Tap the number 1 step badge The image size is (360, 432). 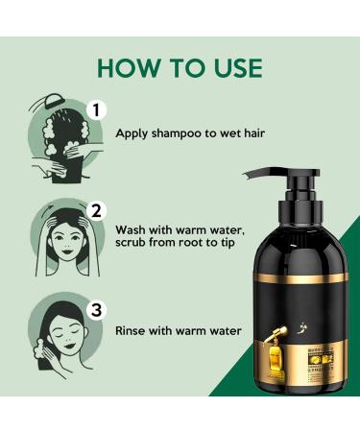[x=94, y=109]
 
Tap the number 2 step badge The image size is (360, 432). [x=94, y=211]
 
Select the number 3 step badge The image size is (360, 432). [x=94, y=308]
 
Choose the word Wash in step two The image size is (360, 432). [x=132, y=229]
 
